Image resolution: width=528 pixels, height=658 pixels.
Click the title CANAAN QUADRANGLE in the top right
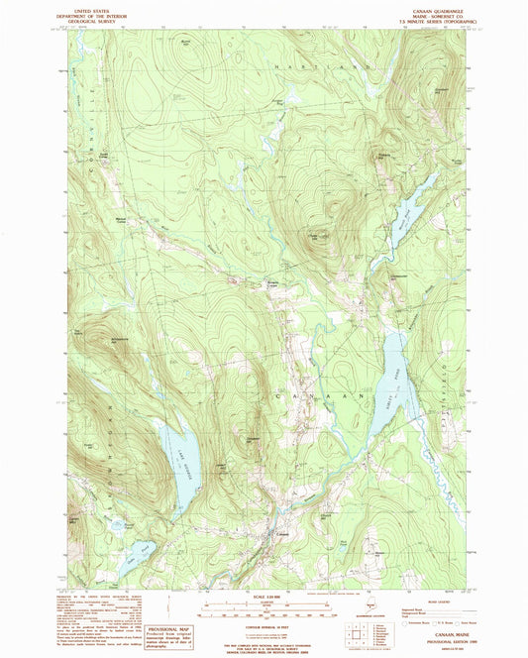(427, 12)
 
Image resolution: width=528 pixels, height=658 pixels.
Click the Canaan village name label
(283, 536)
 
